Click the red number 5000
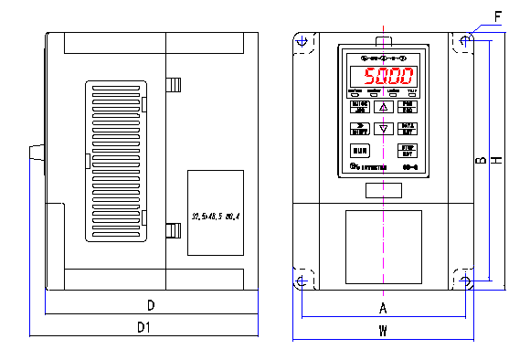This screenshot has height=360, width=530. coord(388,76)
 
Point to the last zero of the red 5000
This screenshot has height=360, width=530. coord(407,76)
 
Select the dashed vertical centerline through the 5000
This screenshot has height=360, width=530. coord(383,183)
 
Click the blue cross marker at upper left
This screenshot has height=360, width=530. coord(302,41)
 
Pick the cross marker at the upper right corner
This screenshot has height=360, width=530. coord(465,41)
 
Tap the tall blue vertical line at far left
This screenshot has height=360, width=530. coord(30,247)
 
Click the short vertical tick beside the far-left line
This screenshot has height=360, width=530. coord(45,301)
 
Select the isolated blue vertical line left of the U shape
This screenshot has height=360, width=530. coord(258,312)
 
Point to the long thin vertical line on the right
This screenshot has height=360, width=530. coord(489,160)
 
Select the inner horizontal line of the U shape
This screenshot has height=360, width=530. coord(384,317)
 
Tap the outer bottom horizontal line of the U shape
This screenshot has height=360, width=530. coord(384,340)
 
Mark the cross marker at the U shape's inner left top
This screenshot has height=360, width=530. coord(302,281)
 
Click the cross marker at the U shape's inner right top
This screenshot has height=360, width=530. coord(465,279)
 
